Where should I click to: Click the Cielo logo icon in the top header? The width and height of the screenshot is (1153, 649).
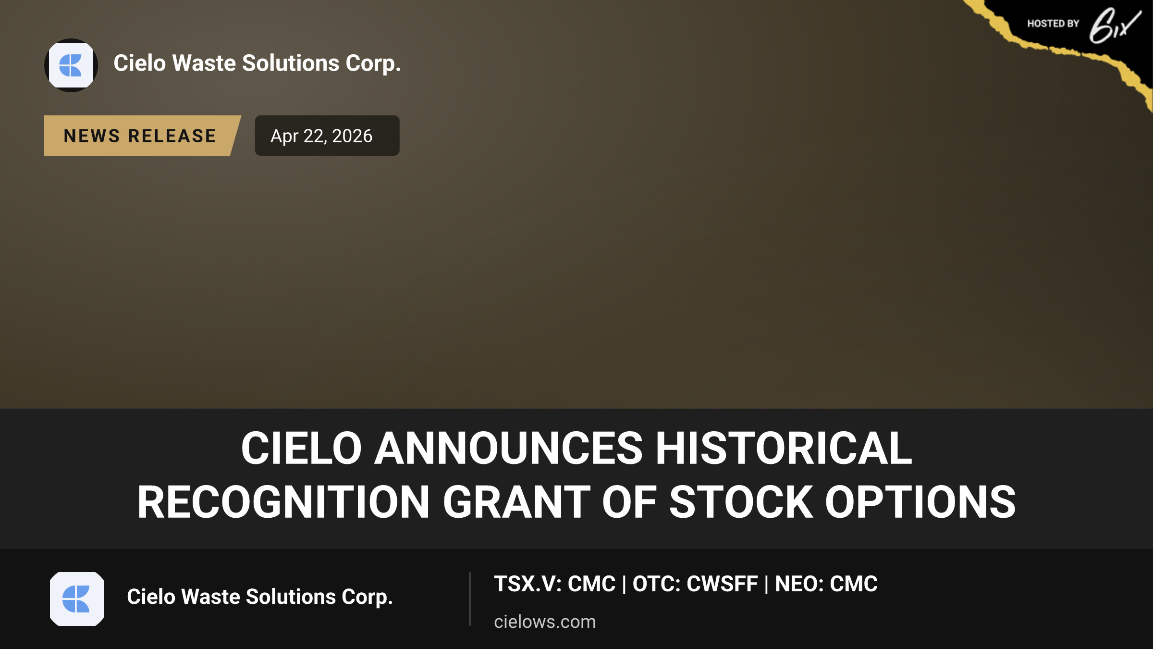(71, 65)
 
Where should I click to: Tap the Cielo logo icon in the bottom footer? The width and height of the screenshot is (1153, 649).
(77, 599)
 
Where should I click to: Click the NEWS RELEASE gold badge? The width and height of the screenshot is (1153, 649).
(142, 136)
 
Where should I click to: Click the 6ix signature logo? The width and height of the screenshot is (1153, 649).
(1115, 25)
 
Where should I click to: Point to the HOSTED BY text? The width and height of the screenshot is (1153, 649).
(1053, 24)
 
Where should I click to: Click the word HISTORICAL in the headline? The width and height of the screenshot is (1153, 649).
(784, 448)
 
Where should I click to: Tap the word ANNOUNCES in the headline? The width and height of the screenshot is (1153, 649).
(508, 448)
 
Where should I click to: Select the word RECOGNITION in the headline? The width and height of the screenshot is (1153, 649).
(283, 502)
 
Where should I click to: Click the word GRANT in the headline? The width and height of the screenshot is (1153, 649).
(516, 502)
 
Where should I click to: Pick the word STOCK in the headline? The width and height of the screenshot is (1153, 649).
(741, 502)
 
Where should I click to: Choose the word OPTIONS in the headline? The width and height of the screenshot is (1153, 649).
(920, 502)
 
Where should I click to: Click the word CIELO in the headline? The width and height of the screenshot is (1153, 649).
(301, 448)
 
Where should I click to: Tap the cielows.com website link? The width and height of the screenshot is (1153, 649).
(545, 622)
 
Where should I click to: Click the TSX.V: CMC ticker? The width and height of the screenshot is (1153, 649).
(555, 584)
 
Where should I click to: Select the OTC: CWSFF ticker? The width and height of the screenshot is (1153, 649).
(695, 584)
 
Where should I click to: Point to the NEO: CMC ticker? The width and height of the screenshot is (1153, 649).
(826, 584)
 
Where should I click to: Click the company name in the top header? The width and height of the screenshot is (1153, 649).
(257, 63)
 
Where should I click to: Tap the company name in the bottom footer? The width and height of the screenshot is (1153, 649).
(260, 597)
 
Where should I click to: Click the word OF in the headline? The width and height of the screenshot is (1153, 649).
(629, 502)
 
